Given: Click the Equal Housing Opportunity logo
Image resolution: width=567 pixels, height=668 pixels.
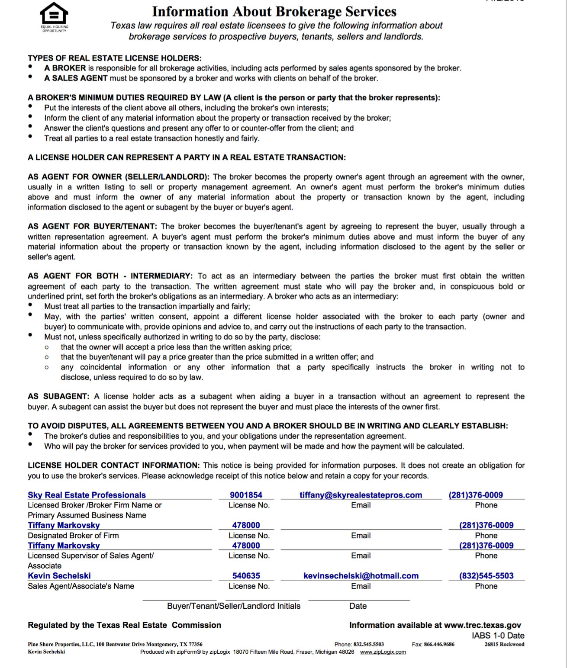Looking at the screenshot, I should click(x=54, y=17).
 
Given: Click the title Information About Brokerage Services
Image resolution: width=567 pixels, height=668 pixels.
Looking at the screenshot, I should click(x=274, y=11).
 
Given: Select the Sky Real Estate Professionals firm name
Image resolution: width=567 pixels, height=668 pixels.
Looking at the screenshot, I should click(x=87, y=495).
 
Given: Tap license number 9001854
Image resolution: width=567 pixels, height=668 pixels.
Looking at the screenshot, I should click(x=246, y=495).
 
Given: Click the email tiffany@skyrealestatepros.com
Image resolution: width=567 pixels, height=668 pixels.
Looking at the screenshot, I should click(x=361, y=495).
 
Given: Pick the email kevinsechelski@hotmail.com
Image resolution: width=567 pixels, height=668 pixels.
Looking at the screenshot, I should click(x=361, y=576).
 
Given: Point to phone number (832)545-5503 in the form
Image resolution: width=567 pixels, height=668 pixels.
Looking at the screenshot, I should click(x=486, y=576).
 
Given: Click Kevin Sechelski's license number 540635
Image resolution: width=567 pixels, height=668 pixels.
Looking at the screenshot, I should click(x=246, y=576).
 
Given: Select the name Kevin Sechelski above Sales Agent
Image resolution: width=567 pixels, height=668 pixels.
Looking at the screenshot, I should click(x=59, y=576).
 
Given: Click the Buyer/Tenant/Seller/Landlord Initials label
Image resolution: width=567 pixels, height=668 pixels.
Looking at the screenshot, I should click(x=234, y=606).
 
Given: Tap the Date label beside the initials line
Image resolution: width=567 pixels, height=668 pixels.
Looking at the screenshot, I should click(x=358, y=606).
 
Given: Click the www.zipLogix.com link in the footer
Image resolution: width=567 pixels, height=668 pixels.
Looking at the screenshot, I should click(x=383, y=652).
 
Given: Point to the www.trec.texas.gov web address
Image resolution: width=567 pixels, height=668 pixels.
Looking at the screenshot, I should click(x=482, y=625).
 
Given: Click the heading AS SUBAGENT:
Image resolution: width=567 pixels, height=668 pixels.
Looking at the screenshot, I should click(x=58, y=396).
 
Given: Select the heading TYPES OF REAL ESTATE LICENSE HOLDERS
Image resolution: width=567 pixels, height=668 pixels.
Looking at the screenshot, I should click(x=115, y=58).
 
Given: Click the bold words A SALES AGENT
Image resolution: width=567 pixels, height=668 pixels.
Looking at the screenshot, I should click(x=76, y=78).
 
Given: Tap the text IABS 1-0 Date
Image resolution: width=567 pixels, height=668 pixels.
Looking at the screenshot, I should click(x=498, y=636).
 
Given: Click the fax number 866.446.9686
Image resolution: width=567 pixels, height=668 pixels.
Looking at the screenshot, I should click(x=439, y=644).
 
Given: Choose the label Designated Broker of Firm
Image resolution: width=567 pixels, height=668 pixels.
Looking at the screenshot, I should click(x=73, y=536).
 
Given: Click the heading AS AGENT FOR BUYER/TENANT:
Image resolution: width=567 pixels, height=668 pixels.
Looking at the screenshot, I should click(x=92, y=226).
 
